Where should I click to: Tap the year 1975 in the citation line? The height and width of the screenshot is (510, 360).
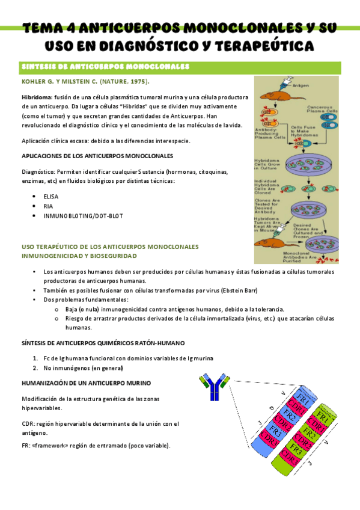pos(135,81)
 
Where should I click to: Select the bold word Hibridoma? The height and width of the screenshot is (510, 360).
pos(36,97)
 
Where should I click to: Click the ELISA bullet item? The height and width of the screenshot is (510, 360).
pos(52,197)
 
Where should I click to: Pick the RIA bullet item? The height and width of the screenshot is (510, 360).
pos(49,206)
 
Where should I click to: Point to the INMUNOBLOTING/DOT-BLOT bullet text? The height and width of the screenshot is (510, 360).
pos(83,216)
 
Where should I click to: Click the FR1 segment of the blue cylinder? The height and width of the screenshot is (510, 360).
pos(304,401)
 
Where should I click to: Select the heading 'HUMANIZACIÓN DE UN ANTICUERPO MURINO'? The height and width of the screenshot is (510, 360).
pos(87,382)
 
